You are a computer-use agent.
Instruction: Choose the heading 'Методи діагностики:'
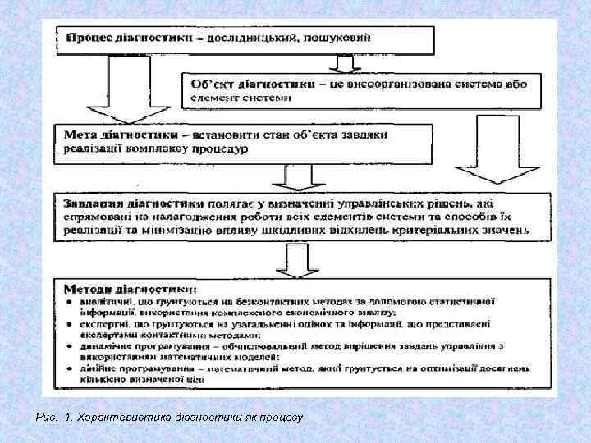pos(132,289)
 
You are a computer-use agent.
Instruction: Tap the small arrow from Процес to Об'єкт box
pos(339,62)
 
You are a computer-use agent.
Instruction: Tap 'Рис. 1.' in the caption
pos(53,418)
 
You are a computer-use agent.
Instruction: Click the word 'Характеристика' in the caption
pos(114,418)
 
